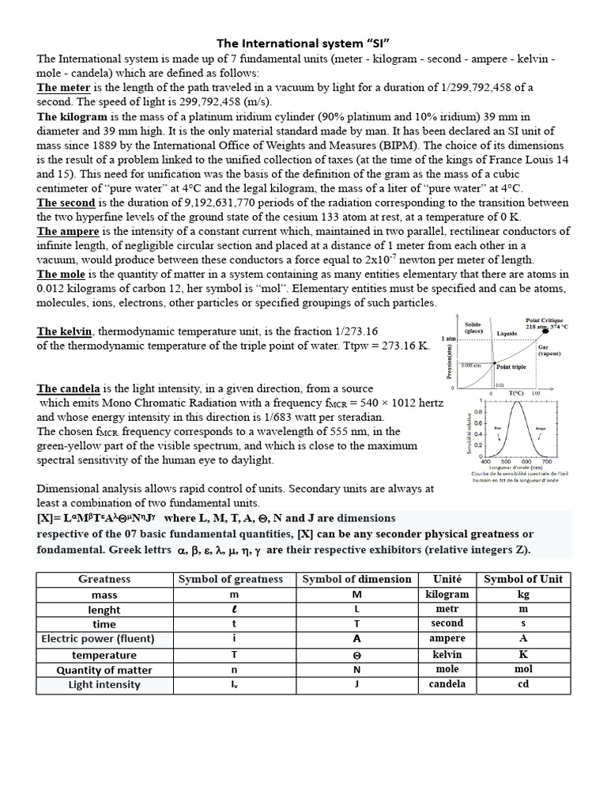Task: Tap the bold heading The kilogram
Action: pos(71,116)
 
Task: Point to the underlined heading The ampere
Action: pos(68,231)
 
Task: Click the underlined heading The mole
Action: pos(64,274)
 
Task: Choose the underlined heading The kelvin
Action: pos(65,331)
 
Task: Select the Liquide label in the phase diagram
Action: pos(507,333)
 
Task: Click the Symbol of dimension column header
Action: pos(356,579)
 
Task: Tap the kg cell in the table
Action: pos(522,594)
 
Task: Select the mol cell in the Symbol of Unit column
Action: pos(522,669)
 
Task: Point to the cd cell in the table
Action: pos(522,684)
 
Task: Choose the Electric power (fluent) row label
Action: pos(98,639)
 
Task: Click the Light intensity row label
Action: pos(104,684)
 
